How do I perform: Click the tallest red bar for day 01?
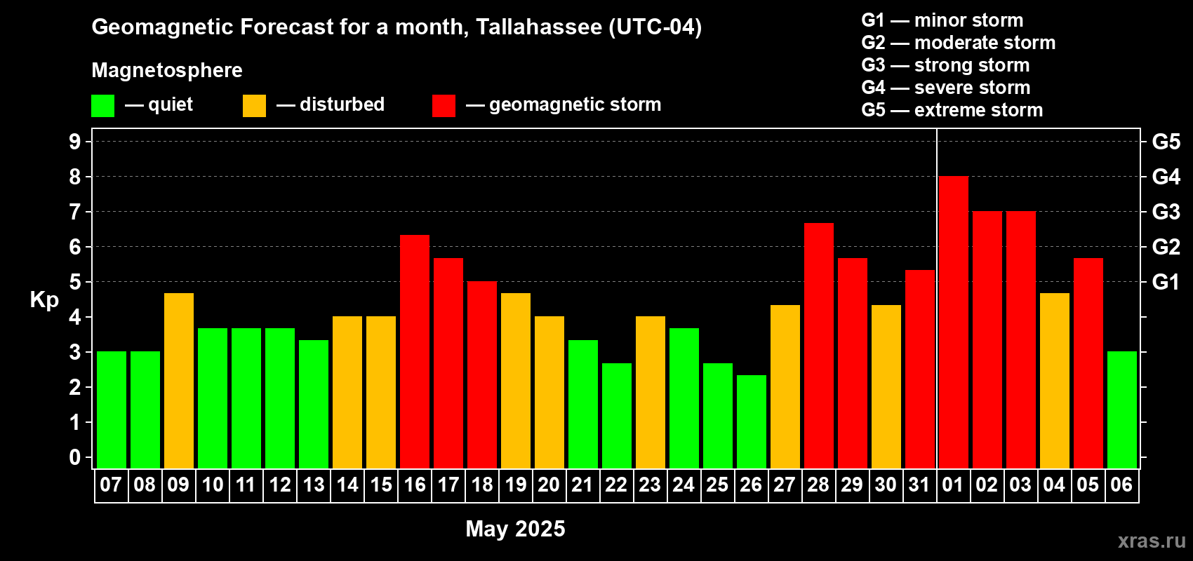click(953, 323)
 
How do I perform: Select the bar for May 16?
click(414, 351)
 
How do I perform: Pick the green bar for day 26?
click(751, 421)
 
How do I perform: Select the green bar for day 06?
click(1121, 410)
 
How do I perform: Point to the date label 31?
click(919, 485)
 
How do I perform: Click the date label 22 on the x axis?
click(616, 485)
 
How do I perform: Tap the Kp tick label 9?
click(75, 142)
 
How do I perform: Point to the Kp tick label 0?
click(75, 457)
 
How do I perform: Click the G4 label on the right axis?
click(1166, 177)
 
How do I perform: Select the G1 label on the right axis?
click(1166, 282)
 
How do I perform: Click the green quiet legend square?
click(102, 106)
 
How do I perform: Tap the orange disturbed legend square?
click(254, 106)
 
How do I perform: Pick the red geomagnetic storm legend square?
click(444, 106)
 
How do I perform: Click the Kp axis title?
click(44, 300)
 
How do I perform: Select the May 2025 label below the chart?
click(515, 529)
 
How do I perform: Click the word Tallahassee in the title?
click(538, 27)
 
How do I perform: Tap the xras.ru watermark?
click(1152, 541)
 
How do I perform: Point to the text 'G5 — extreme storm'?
click(952, 110)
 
